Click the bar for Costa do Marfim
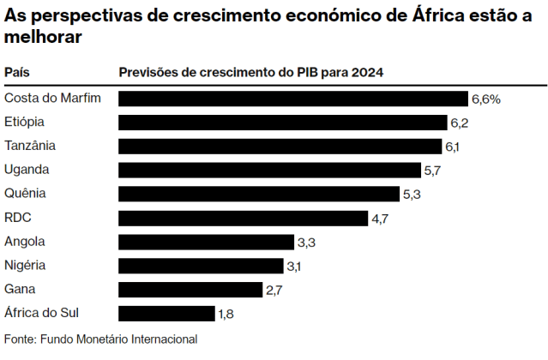(292, 99)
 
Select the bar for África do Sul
(166, 314)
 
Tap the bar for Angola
(206, 242)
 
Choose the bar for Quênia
(259, 194)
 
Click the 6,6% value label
(486, 99)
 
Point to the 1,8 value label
(226, 314)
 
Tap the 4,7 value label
(381, 219)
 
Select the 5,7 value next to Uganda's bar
(432, 171)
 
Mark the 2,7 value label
(274, 291)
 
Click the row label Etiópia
(24, 122)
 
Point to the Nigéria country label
(26, 265)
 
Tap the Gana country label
(20, 289)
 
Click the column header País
(17, 72)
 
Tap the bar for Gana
(190, 290)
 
